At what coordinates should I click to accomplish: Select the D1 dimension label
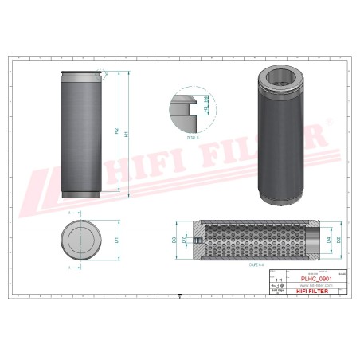(x=116, y=239)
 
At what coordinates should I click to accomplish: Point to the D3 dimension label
(x=174, y=239)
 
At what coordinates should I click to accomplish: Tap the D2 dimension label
(x=338, y=239)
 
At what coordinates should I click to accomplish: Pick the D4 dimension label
(x=328, y=239)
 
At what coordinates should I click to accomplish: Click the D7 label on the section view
(x=184, y=239)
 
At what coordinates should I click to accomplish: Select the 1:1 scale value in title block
(x=276, y=279)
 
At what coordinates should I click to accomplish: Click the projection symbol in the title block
(x=276, y=286)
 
